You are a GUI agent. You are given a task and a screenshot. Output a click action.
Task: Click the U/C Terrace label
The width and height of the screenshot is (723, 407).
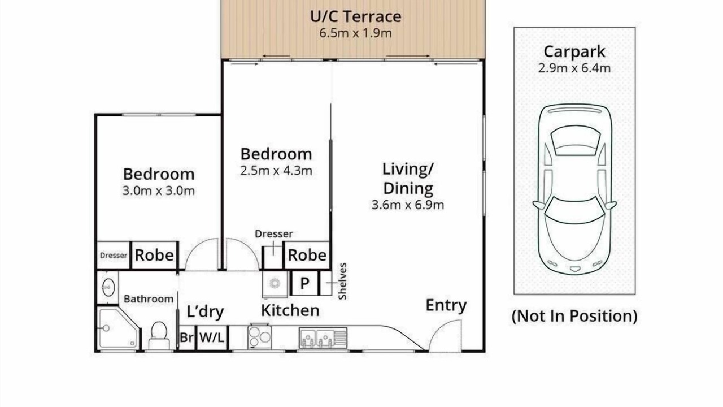tap(356, 16)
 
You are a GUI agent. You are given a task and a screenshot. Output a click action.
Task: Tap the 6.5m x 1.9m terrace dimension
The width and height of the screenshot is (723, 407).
tap(355, 33)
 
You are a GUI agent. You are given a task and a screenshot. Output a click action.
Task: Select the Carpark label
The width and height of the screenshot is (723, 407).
tap(574, 51)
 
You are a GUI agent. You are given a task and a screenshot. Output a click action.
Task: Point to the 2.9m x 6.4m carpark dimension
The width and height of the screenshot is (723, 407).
tap(574, 68)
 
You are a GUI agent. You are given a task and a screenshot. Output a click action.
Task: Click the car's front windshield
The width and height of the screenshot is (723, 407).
tap(575, 210)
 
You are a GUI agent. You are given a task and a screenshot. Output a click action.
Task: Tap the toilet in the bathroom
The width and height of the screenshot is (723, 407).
tap(159, 335)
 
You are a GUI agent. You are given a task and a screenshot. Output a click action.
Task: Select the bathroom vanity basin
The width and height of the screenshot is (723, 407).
tap(108, 287)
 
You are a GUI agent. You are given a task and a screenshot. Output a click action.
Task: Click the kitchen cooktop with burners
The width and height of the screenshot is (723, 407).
tap(259, 337)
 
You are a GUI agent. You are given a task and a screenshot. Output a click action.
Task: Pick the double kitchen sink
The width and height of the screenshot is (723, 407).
tap(323, 338)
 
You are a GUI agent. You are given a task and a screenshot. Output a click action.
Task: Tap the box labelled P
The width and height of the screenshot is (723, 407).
tap(304, 283)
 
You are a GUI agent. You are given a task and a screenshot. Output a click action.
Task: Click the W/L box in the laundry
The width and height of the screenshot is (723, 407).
tap(212, 338)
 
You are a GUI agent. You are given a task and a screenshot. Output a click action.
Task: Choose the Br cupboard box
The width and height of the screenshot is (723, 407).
tap(187, 338)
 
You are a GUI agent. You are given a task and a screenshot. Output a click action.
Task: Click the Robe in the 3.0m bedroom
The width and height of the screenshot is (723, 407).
tap(154, 255)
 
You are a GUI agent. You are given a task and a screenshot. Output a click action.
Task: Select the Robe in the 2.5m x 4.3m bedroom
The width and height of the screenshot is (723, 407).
tap(307, 255)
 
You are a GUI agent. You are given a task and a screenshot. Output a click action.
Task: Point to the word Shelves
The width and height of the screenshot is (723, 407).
tap(342, 281)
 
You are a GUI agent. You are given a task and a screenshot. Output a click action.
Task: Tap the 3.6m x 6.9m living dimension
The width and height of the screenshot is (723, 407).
tap(408, 205)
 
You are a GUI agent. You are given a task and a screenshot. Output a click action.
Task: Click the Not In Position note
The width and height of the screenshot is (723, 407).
tap(574, 316)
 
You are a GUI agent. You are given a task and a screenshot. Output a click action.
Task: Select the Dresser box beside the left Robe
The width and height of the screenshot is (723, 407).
tap(114, 255)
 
